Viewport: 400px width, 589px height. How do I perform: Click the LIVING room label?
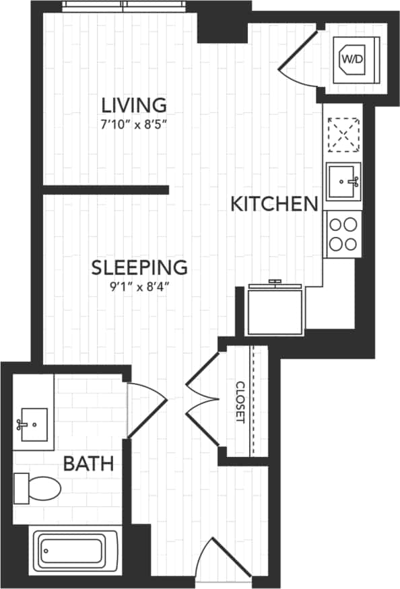coord(133,105)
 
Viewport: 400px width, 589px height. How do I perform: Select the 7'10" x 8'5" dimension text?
coord(133,124)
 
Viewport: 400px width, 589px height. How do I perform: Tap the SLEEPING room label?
coord(139,267)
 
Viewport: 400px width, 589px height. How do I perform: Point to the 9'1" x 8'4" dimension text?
coord(139,286)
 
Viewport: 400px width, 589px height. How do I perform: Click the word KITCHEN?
coord(274,204)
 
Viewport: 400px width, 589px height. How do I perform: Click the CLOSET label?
coord(240,402)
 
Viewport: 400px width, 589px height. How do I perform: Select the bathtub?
coord(75,549)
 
